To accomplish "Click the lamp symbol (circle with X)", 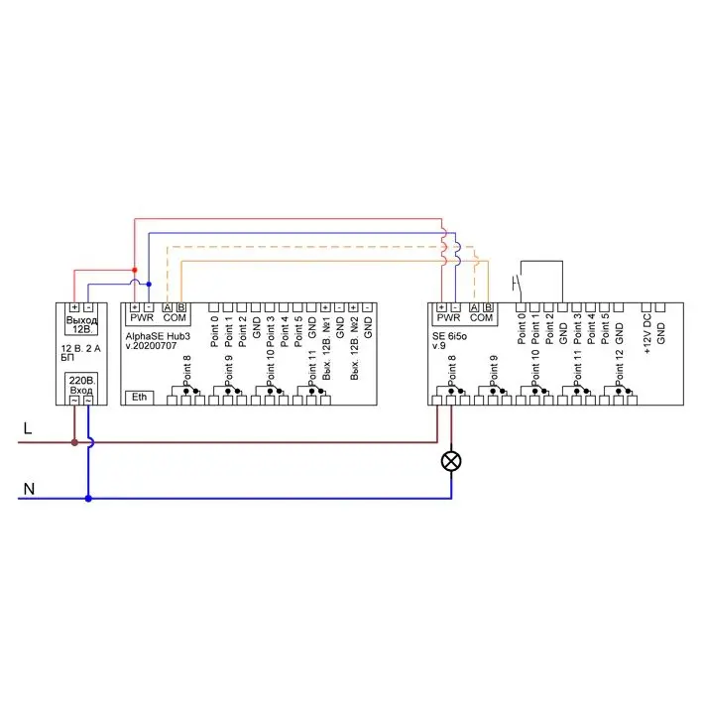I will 452,461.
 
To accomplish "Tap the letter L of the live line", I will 28,428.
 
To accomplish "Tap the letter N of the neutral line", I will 28,488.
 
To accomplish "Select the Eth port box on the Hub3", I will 140,397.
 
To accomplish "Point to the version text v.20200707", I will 154,348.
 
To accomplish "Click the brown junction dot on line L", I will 73,442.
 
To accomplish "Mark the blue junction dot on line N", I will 88,499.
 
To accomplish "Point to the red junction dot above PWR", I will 134,270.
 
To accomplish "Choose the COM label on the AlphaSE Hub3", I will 175,318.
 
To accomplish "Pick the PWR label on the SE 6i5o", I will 448,318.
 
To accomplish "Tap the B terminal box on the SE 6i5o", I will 488,307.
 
